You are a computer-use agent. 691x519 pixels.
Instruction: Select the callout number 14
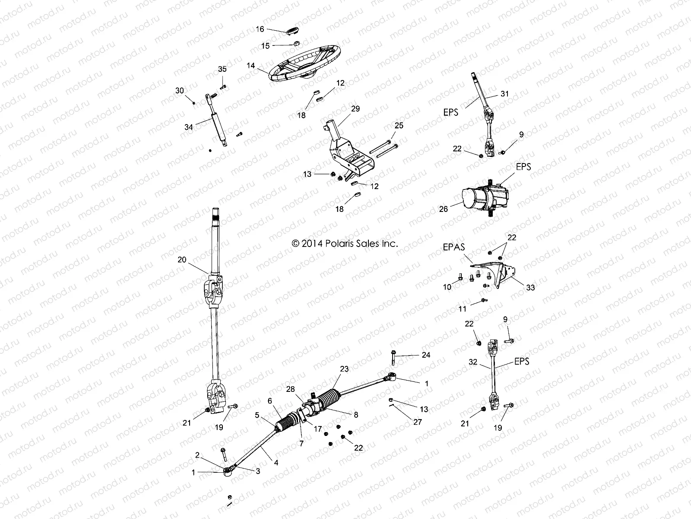tap(251, 66)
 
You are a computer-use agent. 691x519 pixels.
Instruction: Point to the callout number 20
tap(182, 259)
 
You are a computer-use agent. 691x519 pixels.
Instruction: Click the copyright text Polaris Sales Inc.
tap(345, 243)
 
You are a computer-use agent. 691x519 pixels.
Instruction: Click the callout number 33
tap(530, 287)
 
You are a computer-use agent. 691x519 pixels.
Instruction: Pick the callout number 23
tap(344, 369)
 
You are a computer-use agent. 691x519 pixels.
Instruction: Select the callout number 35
tap(222, 69)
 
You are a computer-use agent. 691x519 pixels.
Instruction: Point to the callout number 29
tap(355, 109)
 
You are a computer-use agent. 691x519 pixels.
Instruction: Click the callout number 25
tap(399, 125)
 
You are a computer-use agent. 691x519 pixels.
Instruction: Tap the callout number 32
tap(473, 362)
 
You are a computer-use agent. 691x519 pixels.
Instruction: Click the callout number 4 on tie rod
tap(276, 462)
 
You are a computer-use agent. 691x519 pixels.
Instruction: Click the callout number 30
tap(179, 90)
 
